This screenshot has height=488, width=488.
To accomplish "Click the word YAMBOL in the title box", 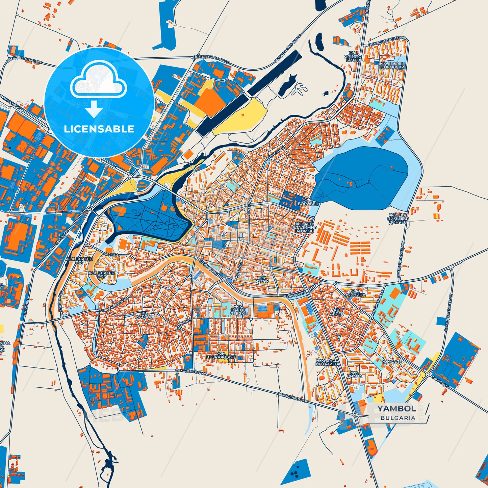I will coord(396,409).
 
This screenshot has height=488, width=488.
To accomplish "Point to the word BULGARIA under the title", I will coord(398,418).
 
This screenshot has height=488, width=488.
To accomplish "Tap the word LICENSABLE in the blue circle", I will coord(99,129).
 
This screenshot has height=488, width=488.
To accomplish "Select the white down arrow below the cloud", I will coord(94,109).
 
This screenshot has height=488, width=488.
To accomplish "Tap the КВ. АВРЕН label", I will coord(339,311).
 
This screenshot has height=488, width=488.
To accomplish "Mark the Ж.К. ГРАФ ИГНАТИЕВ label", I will coord(327,362).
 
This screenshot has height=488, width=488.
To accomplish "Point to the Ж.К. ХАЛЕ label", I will coord(392,361).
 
